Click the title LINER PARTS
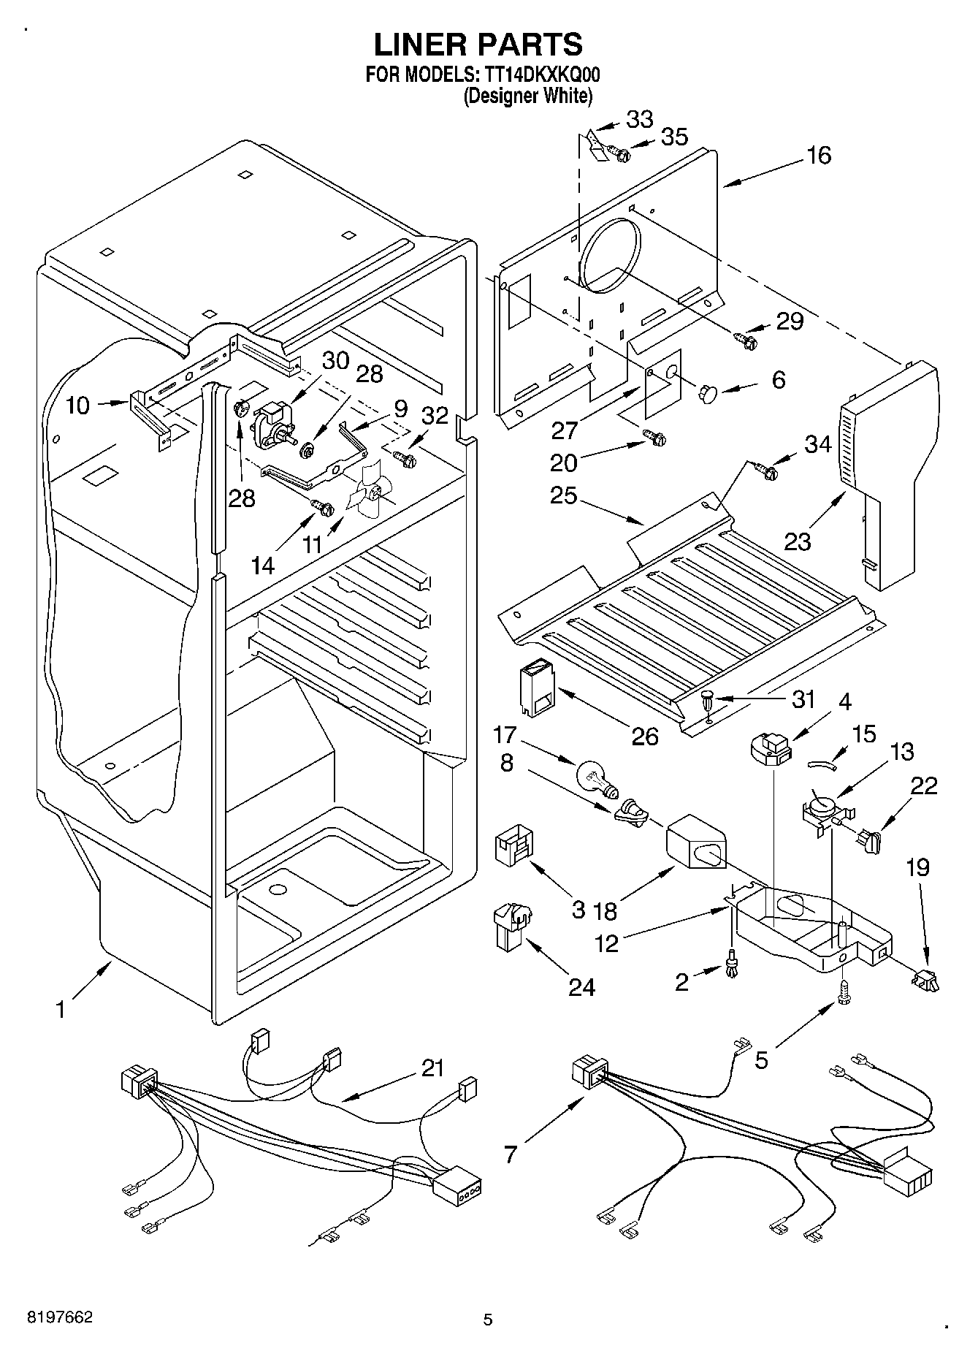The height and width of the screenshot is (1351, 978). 478,45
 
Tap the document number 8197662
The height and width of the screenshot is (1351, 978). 60,1317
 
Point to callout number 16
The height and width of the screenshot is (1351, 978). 820,155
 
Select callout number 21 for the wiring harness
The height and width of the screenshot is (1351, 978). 432,1068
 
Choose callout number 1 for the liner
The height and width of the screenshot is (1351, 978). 61,1009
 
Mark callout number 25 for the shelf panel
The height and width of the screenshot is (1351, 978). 564,496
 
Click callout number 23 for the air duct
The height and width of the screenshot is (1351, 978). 798,541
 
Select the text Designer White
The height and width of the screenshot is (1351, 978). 527,96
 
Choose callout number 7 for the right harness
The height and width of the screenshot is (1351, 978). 510,1154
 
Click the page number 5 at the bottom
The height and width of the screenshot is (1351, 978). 488,1320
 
